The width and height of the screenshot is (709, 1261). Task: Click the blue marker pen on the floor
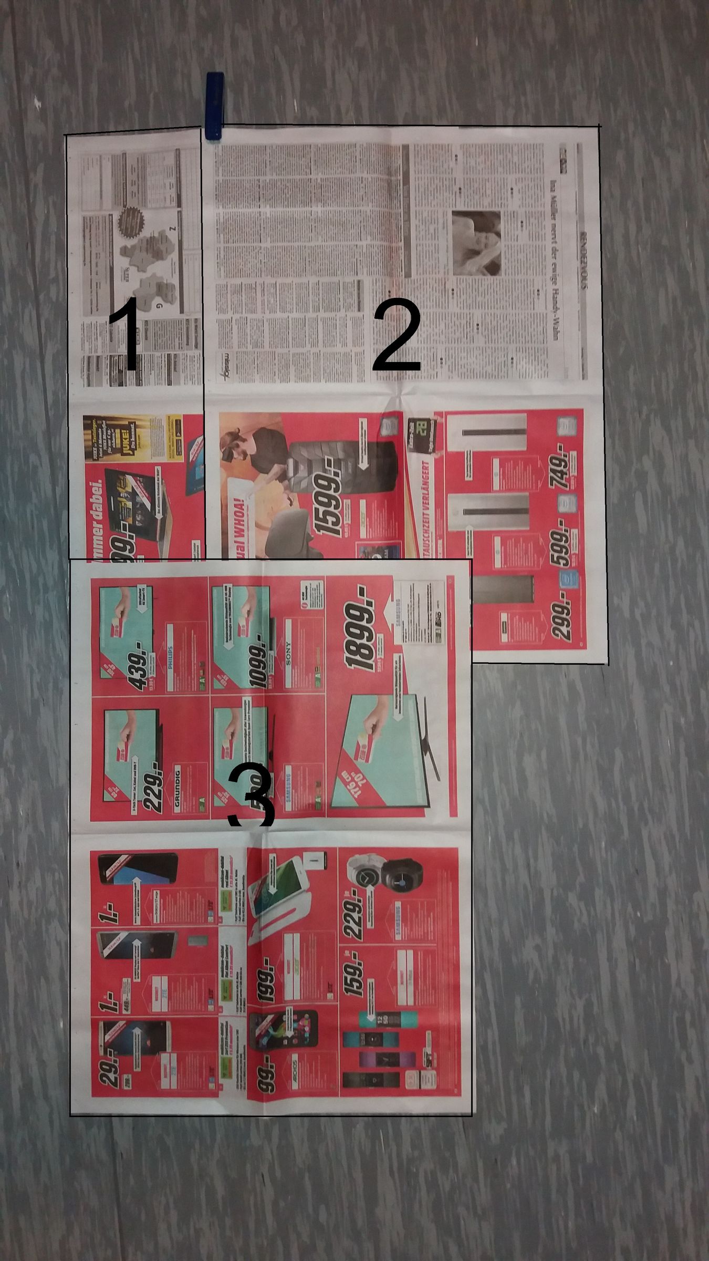(x=214, y=107)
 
